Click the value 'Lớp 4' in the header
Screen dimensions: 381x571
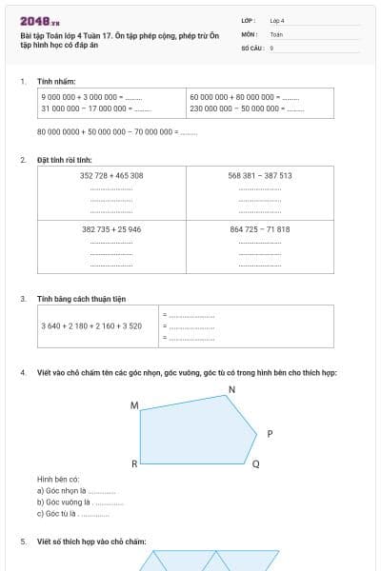[277, 20]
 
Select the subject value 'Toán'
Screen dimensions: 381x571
[276, 33]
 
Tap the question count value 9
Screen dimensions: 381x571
[272, 47]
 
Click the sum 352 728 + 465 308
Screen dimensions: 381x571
[111, 176]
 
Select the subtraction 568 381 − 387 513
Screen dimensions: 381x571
[260, 176]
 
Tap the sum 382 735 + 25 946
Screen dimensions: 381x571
[111, 229]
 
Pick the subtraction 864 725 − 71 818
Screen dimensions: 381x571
[260, 229]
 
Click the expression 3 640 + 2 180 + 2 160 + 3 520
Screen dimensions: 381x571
[91, 326]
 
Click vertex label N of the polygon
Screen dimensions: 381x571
[232, 390]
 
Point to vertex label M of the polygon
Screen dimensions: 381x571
[133, 406]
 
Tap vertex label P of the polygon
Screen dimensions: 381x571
[270, 434]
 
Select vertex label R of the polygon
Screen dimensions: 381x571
[134, 464]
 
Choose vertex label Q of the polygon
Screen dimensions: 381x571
[255, 465]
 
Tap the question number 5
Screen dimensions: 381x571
[23, 541]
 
